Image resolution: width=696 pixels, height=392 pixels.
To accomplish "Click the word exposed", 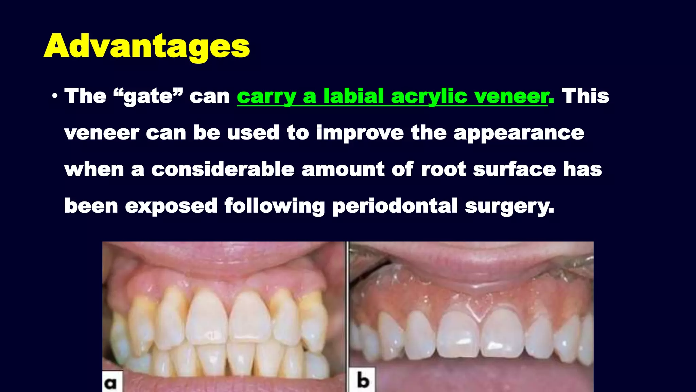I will point(171,206).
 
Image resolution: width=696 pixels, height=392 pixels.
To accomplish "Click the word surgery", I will point(509,207).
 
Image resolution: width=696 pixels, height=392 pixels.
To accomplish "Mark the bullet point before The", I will point(55,96).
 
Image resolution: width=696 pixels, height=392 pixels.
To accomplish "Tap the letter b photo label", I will point(363,380).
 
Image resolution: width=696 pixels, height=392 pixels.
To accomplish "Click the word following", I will point(275,206).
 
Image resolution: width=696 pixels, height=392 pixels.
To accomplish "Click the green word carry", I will point(266,96).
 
